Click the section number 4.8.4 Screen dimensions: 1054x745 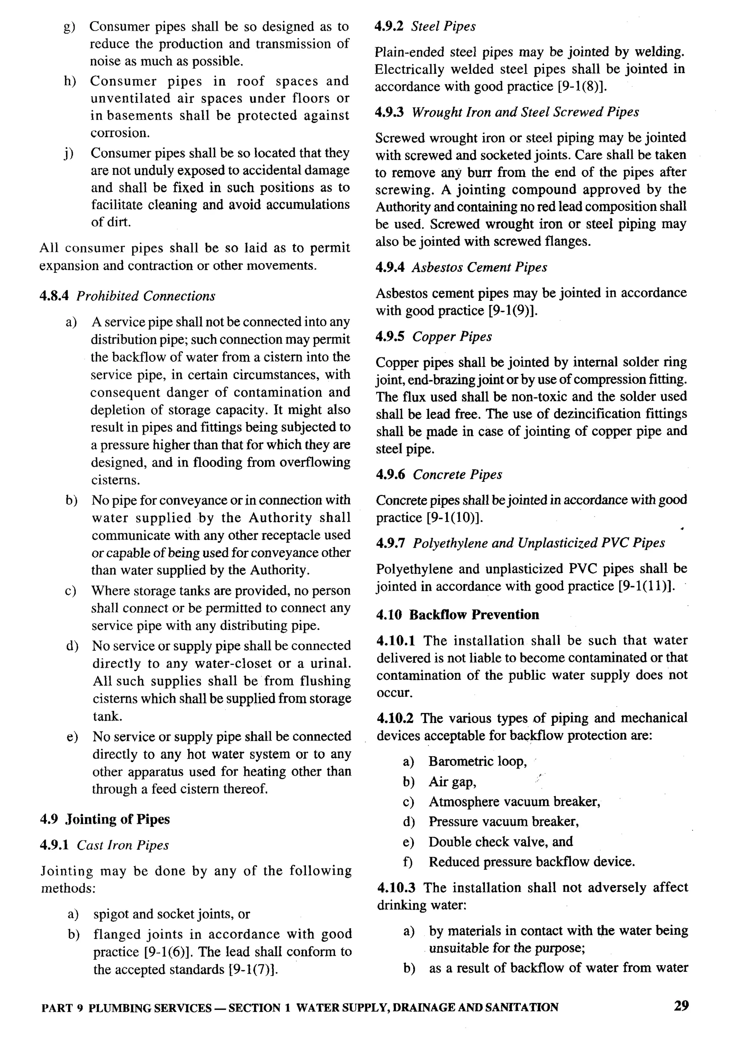point(54,296)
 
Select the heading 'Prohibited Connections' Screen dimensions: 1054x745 point(146,296)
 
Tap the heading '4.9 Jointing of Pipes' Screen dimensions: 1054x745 point(105,819)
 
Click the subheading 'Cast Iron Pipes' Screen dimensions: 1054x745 point(123,845)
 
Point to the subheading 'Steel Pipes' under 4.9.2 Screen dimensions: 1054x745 point(443,26)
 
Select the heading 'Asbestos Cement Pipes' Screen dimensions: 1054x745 point(479,267)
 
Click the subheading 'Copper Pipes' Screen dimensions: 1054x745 point(452,336)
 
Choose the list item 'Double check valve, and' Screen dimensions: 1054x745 point(500,842)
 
